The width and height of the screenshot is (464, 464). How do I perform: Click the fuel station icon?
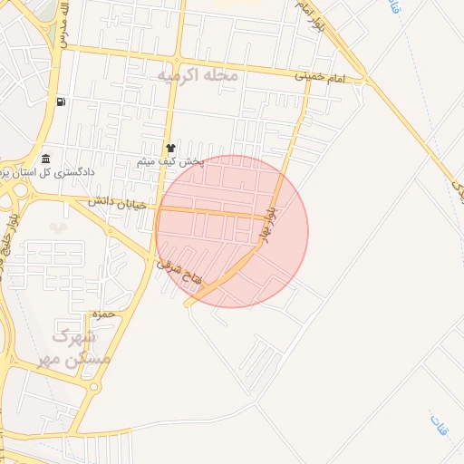tap(60, 101)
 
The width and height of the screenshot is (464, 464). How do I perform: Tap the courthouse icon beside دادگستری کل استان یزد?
tap(45, 159)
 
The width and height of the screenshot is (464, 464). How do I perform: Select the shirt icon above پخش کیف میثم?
tap(169, 148)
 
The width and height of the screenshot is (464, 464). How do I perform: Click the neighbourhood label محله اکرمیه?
tap(197, 74)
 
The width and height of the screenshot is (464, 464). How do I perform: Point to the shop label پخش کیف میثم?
tap(171, 161)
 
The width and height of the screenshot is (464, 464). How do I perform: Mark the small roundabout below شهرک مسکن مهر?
tap(94, 387)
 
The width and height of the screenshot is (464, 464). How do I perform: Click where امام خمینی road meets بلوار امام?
tap(364, 82)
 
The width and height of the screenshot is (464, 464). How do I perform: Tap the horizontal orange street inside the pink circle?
tap(217, 212)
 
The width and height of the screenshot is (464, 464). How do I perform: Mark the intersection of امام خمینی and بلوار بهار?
tap(306, 78)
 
